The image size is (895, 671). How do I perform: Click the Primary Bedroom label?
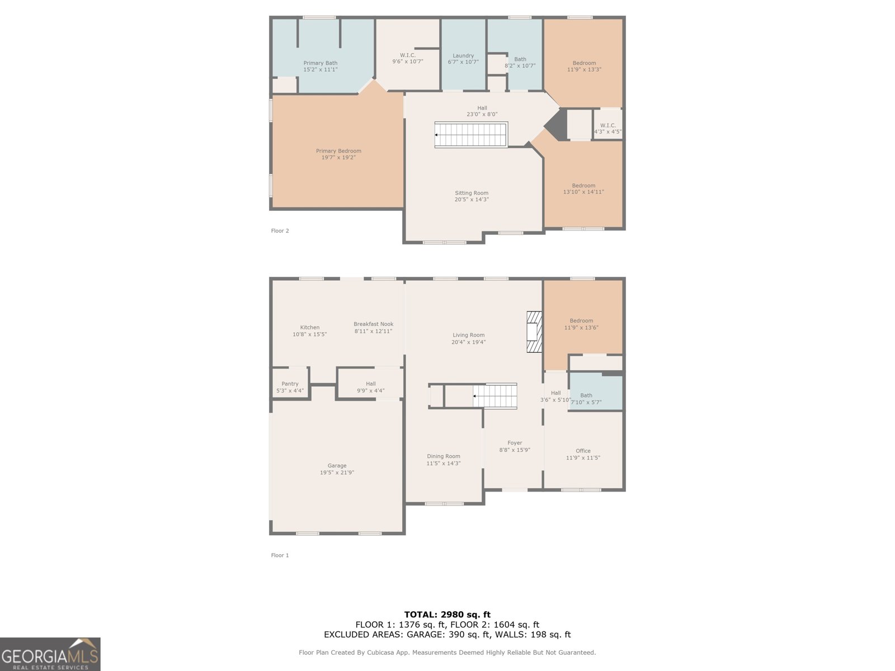pyautogui.click(x=338, y=151)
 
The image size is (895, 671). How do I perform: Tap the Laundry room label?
pyautogui.click(x=463, y=55)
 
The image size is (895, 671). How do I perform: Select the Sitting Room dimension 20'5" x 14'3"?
pyautogui.click(x=472, y=200)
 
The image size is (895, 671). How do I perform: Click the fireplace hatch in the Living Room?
pyautogui.click(x=534, y=332)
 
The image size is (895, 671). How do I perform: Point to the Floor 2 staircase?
pyautogui.click(x=472, y=135)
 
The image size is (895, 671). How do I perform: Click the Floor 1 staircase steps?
pyautogui.click(x=496, y=396)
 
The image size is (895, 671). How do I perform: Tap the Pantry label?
pyautogui.click(x=290, y=384)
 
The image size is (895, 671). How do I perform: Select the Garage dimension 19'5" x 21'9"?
pyautogui.click(x=337, y=472)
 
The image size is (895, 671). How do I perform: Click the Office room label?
pyautogui.click(x=583, y=451)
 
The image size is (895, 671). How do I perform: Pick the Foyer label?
pyautogui.click(x=515, y=443)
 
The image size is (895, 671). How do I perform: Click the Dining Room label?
pyautogui.click(x=444, y=456)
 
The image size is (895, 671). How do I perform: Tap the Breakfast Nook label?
pyautogui.click(x=373, y=324)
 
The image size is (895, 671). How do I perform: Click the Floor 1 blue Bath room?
pyautogui.click(x=596, y=393)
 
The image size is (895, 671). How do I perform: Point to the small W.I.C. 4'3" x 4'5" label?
pyautogui.click(x=607, y=129)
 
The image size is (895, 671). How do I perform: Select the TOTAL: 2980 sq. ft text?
pyautogui.click(x=447, y=615)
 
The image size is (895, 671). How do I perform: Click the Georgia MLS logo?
pyautogui.click(x=50, y=654)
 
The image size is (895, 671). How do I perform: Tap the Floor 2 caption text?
pyautogui.click(x=280, y=230)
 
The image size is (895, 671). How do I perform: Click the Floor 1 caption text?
pyautogui.click(x=280, y=555)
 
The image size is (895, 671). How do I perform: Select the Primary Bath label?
pyautogui.click(x=321, y=63)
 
